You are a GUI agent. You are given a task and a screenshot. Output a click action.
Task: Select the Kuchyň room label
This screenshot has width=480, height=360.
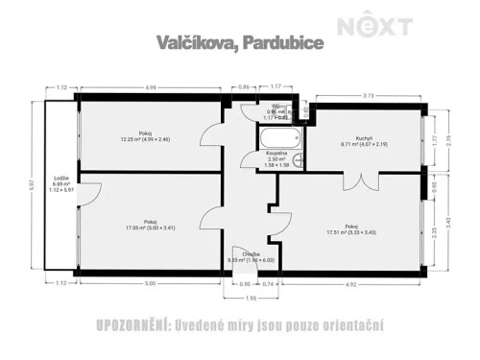[x=363, y=138]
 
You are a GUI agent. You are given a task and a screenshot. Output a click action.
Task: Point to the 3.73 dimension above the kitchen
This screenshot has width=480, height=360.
[x=368, y=94]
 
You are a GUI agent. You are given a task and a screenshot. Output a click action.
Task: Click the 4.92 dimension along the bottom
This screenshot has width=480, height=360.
[x=351, y=283]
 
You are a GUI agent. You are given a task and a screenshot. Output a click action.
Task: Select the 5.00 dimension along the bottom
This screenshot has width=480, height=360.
[x=151, y=283]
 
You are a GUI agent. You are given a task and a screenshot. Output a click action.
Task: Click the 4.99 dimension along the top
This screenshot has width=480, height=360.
[x=151, y=87]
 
